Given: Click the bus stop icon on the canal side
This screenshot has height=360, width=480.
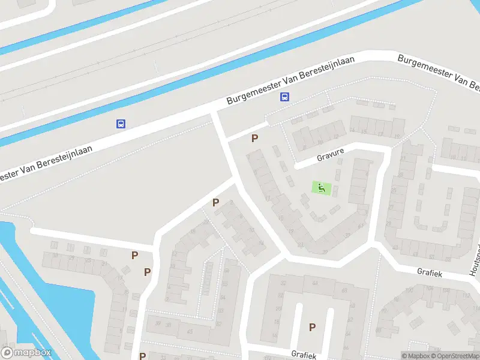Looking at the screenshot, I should [121, 124].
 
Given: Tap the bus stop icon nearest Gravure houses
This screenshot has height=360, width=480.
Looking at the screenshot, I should [284, 97].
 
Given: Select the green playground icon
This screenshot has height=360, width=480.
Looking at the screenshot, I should [322, 188].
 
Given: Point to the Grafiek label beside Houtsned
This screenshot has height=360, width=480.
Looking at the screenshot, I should [430, 272].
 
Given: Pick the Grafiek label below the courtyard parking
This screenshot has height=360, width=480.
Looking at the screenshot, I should [304, 355].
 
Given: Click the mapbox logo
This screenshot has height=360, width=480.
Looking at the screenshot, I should [26, 353].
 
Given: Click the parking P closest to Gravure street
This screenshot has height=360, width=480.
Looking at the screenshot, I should [255, 138].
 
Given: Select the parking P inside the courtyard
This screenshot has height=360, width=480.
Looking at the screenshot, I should [312, 327].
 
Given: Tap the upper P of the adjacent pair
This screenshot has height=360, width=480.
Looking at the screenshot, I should [134, 255].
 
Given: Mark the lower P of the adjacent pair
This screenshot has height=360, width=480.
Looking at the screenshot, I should [147, 272].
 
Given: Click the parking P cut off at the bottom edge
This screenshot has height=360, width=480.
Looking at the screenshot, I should [142, 356].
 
